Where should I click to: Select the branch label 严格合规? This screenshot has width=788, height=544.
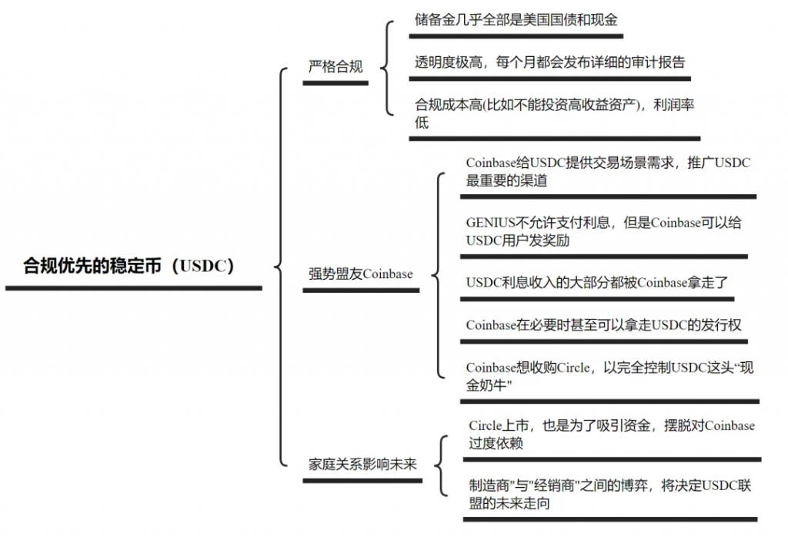tap(336, 66)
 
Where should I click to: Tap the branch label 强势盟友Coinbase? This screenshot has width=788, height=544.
tap(361, 274)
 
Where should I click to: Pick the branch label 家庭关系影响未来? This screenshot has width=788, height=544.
tap(362, 465)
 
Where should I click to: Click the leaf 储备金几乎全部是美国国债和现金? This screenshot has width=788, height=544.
tap(516, 19)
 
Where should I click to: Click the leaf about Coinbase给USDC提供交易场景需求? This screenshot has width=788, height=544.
tap(607, 172)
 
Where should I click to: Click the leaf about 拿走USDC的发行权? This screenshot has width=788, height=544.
tap(603, 325)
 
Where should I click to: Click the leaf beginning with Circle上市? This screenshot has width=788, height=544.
tap(611, 435)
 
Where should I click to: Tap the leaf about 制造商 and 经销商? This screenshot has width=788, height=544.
tap(609, 495)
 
